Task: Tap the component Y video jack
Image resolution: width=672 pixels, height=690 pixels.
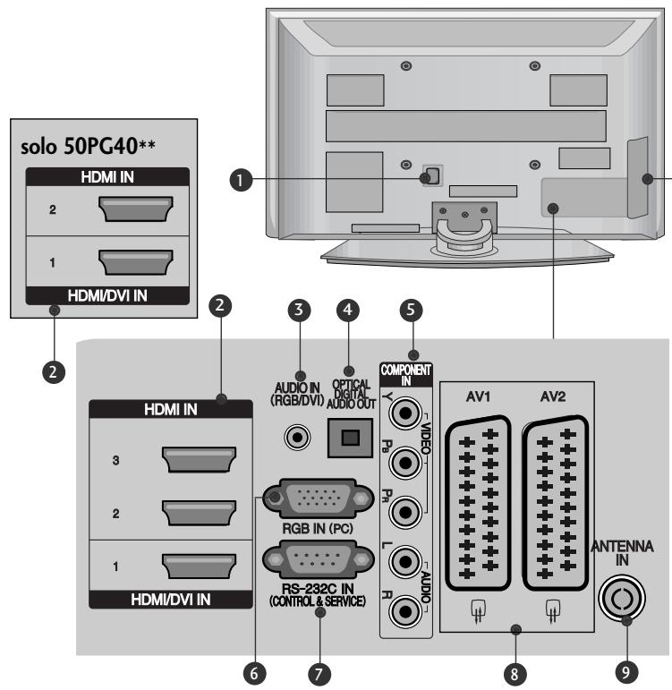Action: tap(408, 416)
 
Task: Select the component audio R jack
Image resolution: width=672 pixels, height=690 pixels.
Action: tap(408, 613)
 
